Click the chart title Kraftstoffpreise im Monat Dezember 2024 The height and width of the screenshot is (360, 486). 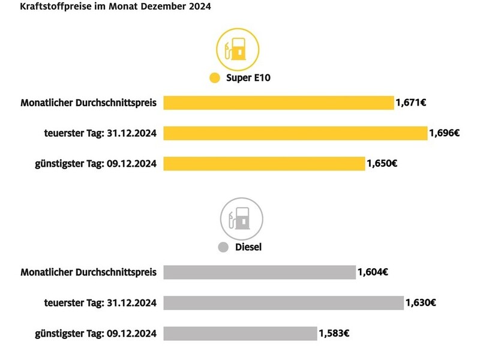pyautogui.click(x=110, y=7)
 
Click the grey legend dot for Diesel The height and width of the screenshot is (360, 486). pyautogui.click(x=223, y=247)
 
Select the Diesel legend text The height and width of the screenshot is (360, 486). pyautogui.click(x=248, y=247)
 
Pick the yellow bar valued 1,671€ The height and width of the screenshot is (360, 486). pyautogui.click(x=278, y=103)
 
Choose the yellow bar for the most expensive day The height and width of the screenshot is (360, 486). pyautogui.click(x=295, y=133)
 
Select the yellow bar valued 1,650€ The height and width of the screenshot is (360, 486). pyautogui.click(x=264, y=163)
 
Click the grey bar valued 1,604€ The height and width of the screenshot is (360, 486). pyautogui.click(x=259, y=272)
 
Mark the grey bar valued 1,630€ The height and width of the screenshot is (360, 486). pyautogui.click(x=283, y=303)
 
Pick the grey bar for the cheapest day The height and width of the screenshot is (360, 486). pyautogui.click(x=240, y=334)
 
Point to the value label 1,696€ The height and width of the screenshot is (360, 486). pyautogui.click(x=445, y=133)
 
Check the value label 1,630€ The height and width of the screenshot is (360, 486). pyautogui.click(x=421, y=303)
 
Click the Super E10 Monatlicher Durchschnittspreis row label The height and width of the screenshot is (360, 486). pyautogui.click(x=88, y=103)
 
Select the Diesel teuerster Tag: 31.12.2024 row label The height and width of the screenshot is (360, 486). pyautogui.click(x=100, y=303)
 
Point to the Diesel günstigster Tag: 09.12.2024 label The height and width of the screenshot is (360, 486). pyautogui.click(x=96, y=334)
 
